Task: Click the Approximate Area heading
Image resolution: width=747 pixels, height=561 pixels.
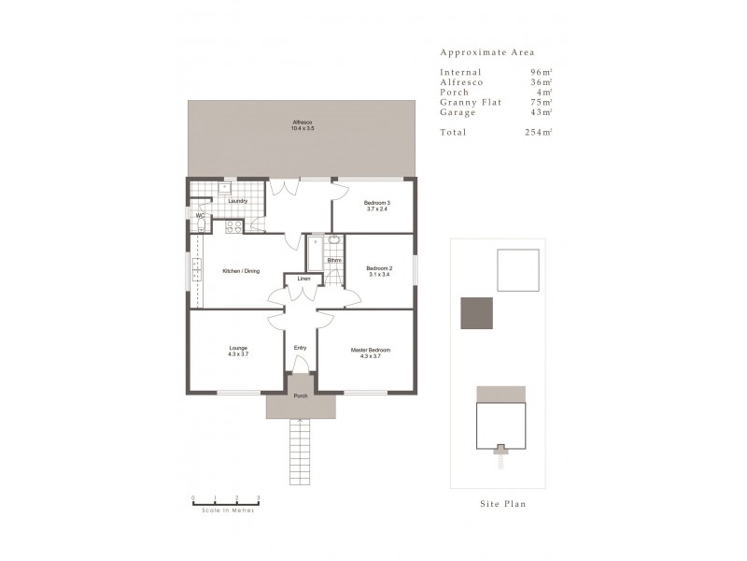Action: (487, 53)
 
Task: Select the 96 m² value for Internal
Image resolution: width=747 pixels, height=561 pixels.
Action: (541, 72)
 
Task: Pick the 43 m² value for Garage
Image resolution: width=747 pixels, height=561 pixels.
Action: (541, 112)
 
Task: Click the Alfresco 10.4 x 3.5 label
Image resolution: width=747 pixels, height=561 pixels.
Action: (303, 125)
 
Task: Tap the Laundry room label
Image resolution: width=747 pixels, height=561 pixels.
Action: (237, 201)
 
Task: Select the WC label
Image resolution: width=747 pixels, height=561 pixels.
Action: (200, 216)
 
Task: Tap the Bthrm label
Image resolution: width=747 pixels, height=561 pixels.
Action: (334, 260)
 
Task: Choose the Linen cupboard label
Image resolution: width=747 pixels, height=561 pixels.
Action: (303, 280)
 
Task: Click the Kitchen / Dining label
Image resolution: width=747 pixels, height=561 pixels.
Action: (241, 271)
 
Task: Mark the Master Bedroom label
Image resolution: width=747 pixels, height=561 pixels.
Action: (370, 352)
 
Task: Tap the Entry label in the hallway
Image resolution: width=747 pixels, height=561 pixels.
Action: (300, 348)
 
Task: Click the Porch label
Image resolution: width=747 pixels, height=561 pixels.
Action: (301, 396)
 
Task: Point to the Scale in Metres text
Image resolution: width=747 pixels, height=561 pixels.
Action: (225, 510)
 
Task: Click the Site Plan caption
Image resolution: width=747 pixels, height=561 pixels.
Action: (502, 504)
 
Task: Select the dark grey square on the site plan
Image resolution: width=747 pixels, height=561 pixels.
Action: (476, 312)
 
